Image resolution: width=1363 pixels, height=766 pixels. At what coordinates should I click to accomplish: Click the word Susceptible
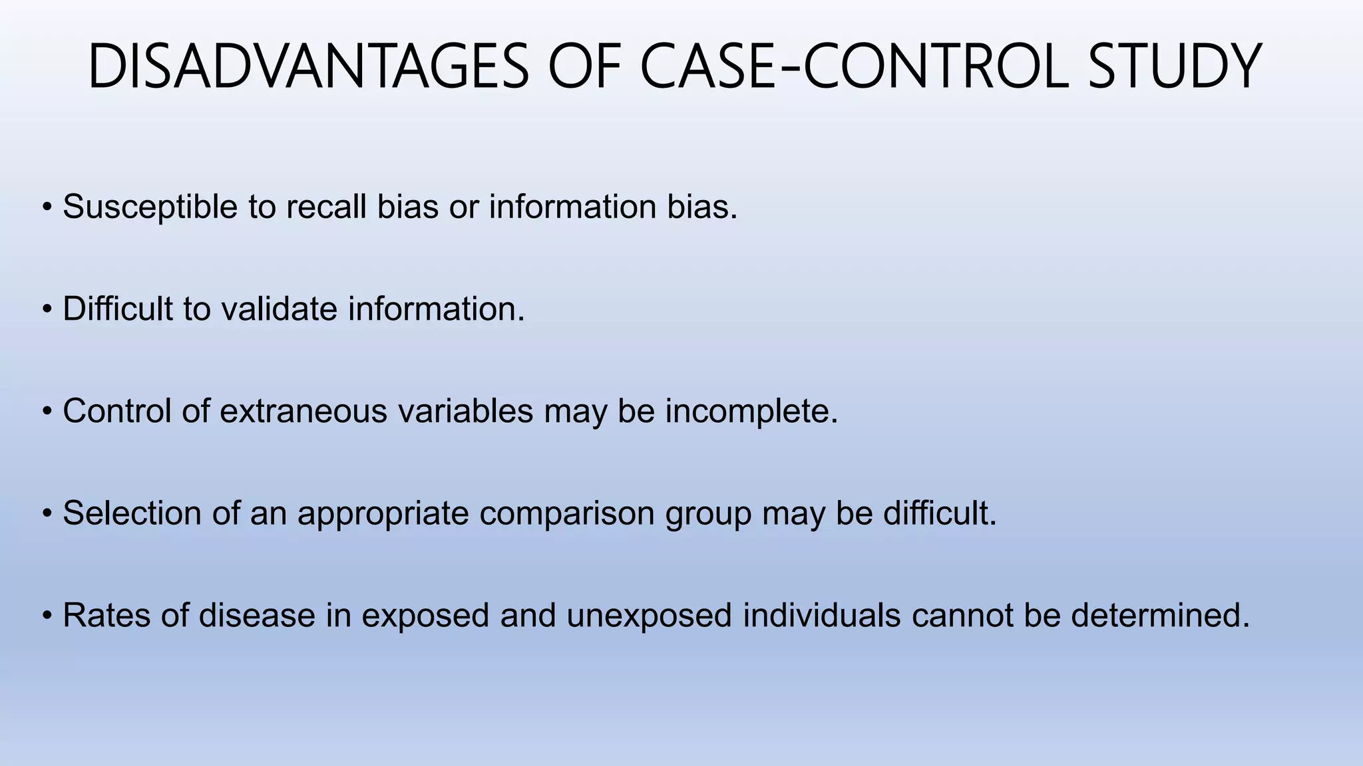150,207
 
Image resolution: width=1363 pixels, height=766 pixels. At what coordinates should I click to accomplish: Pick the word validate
280,309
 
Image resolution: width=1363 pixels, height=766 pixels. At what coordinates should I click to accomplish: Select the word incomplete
751,412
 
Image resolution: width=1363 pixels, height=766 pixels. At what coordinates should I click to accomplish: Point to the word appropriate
383,515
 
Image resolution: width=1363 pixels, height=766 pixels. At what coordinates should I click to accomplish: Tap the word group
708,515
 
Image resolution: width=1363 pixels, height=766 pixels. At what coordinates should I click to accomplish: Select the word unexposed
650,616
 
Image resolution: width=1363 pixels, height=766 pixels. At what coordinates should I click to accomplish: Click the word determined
1161,615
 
